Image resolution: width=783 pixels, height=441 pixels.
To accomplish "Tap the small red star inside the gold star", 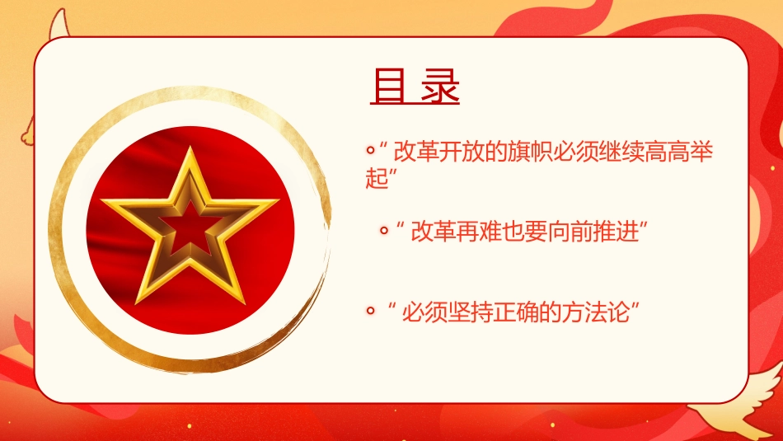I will (x=190, y=223).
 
